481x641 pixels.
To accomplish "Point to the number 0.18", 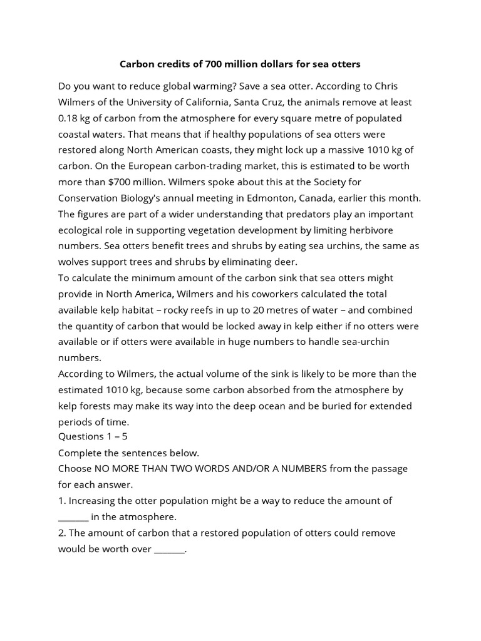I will (x=69, y=118).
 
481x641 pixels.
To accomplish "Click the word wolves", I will (x=75, y=262).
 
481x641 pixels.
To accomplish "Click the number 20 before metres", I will (x=274, y=310).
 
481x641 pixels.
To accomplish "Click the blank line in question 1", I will (x=73, y=517).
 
